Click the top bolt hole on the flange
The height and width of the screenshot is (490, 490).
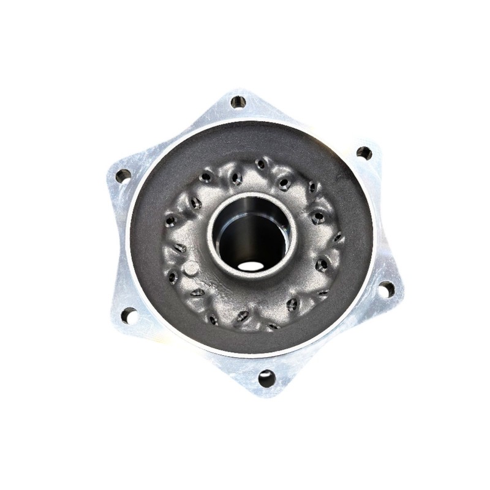[238, 102]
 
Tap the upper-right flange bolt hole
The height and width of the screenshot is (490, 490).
[364, 153]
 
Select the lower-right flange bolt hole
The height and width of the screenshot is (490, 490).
[386, 289]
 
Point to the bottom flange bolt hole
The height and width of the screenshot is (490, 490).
[266, 379]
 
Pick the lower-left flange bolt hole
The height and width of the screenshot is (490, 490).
[129, 315]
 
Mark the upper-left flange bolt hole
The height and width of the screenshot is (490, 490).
[123, 176]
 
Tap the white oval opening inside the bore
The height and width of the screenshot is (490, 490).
[250, 266]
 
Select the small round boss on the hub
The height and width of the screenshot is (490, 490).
[192, 268]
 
